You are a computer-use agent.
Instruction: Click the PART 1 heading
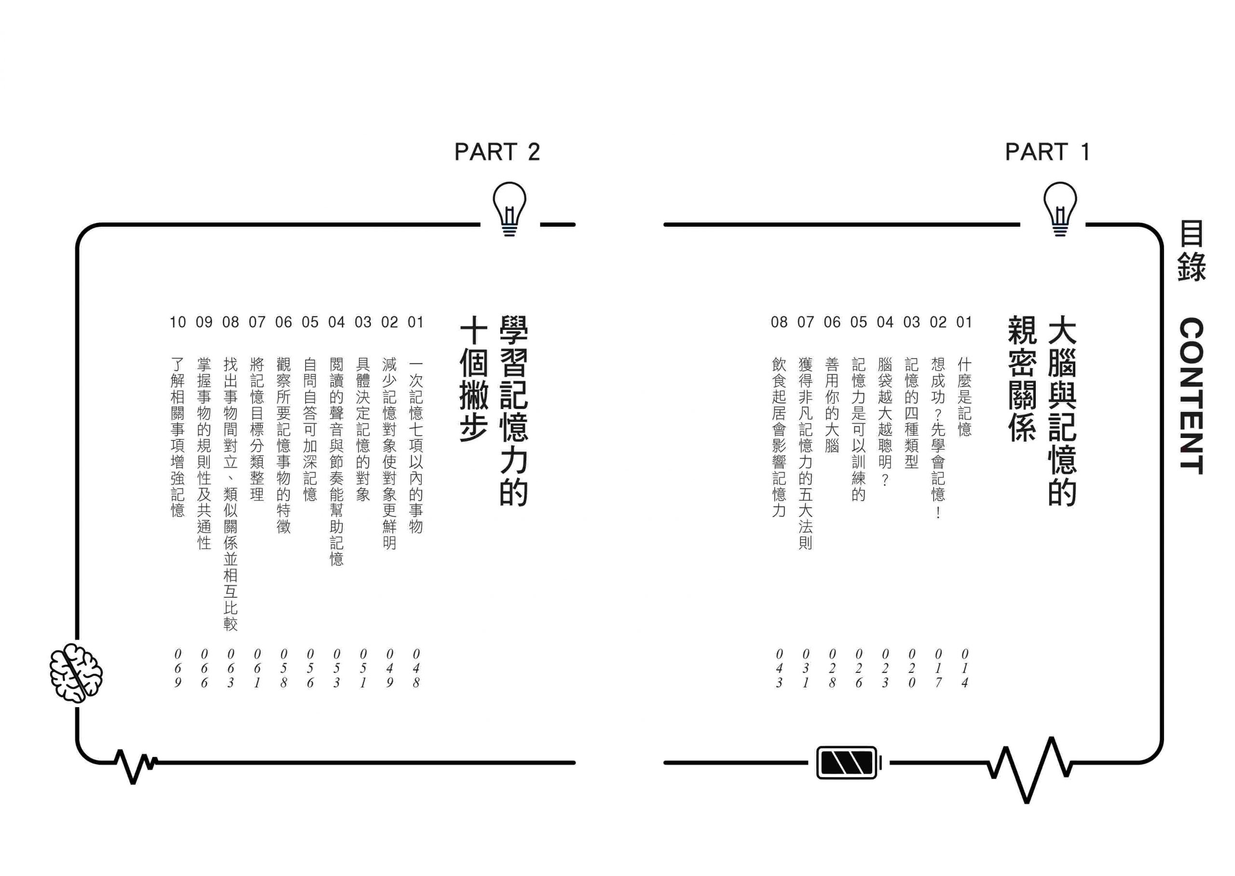coord(1047,151)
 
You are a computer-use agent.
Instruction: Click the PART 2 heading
coord(497,151)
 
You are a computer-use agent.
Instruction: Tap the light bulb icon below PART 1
coord(1060,209)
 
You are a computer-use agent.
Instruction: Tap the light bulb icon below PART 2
coord(509,209)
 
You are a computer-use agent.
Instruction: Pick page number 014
coord(964,668)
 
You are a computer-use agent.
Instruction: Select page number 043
coord(779,668)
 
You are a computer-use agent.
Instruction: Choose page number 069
coord(178,668)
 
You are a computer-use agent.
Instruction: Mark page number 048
coord(416,668)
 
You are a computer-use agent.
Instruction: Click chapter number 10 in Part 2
coord(178,322)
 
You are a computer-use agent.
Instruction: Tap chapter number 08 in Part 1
coord(779,322)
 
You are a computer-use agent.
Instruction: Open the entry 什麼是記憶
coord(964,397)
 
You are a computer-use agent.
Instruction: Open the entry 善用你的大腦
coord(832,405)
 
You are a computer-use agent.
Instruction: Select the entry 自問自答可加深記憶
coord(310,429)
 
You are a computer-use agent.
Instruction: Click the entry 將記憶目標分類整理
coord(257,429)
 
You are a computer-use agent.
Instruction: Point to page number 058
coord(283,668)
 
